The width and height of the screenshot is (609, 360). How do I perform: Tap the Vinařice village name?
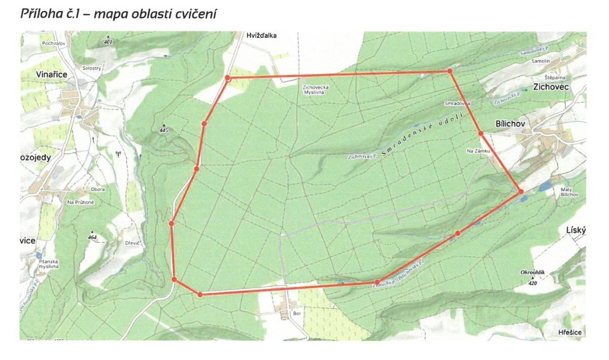[x=52, y=74]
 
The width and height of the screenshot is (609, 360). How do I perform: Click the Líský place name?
[x=576, y=231]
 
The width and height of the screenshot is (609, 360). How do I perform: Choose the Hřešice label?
[x=569, y=333]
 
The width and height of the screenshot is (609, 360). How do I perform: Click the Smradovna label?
[x=457, y=103]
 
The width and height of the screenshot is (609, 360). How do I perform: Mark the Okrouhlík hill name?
[x=532, y=273]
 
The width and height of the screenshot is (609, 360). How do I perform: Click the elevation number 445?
[x=163, y=131]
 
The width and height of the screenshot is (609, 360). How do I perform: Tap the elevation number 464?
[x=92, y=237]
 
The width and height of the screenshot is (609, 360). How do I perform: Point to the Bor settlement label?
[x=297, y=314]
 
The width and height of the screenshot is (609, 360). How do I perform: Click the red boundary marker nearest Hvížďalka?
[x=228, y=78]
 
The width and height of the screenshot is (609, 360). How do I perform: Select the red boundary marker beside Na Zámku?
[x=481, y=134]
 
